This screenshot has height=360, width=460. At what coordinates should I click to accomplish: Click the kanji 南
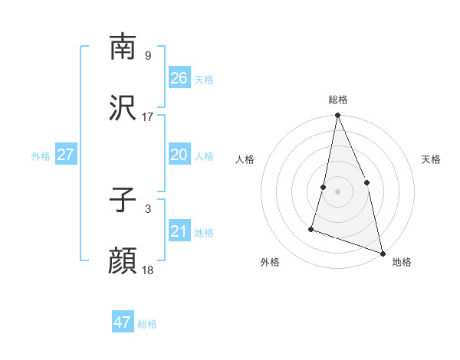pyautogui.click(x=123, y=47)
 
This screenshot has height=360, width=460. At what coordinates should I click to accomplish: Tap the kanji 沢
pyautogui.click(x=123, y=109)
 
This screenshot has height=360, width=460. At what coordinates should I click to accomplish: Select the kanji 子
pyautogui.click(x=123, y=201)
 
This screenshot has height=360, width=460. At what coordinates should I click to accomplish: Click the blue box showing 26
pyautogui.click(x=179, y=78)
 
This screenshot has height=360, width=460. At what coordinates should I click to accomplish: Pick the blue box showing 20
pyautogui.click(x=179, y=155)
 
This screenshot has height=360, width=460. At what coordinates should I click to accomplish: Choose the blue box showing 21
pyautogui.click(x=179, y=231)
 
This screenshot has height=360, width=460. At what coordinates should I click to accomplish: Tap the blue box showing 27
pyautogui.click(x=65, y=155)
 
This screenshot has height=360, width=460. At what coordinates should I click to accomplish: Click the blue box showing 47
pyautogui.click(x=123, y=322)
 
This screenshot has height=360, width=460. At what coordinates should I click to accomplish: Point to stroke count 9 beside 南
pyautogui.click(x=147, y=56)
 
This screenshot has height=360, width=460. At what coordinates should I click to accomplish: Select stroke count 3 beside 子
pyautogui.click(x=147, y=209)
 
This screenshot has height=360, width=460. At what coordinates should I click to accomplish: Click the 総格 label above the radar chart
pyautogui.click(x=338, y=100)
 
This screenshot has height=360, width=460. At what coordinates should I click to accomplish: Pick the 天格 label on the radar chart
pyautogui.click(x=432, y=159)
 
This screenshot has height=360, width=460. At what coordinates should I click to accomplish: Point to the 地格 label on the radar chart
pyautogui.click(x=402, y=262)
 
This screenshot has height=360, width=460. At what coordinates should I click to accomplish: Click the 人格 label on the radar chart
pyautogui.click(x=245, y=159)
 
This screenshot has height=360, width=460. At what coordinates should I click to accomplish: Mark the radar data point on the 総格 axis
pyautogui.click(x=337, y=116)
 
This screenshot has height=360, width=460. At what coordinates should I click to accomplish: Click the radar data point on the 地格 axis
pyautogui.click(x=382, y=253)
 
